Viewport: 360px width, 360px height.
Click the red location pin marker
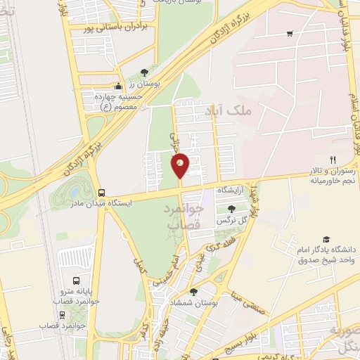[180, 166]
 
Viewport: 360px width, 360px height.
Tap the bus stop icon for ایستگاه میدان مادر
[102, 193]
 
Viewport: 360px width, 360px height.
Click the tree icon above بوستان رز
[144, 72]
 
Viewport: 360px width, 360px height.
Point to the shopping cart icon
[290, 33]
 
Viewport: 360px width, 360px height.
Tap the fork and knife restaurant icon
[333, 160]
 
